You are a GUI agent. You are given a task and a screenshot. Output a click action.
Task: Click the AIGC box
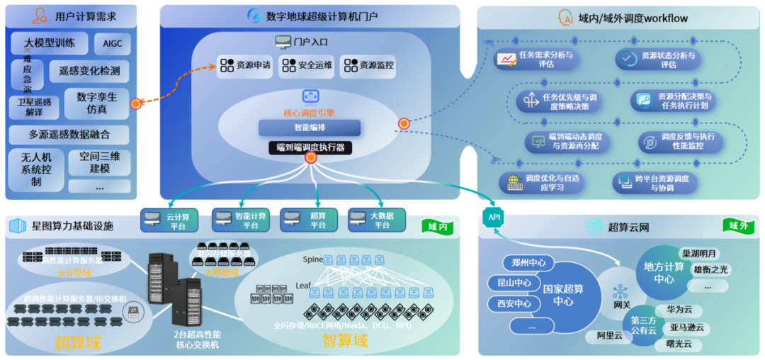point(112,43)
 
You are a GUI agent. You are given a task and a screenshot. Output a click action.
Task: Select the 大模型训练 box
point(50,43)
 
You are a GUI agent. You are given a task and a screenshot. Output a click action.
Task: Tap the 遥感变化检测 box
point(89,71)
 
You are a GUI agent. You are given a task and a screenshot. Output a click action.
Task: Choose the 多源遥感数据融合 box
point(69,135)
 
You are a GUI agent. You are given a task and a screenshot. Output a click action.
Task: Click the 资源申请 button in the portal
point(244,66)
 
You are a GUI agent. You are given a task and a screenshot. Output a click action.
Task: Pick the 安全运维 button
point(306,66)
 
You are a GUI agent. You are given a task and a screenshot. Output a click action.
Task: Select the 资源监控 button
point(368,66)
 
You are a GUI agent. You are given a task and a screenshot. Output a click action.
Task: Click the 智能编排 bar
point(310,128)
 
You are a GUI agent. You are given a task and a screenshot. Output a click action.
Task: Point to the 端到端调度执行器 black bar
point(310,148)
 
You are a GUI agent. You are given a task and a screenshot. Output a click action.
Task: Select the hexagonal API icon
point(492,216)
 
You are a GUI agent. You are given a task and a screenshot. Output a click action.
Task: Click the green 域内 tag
point(438,227)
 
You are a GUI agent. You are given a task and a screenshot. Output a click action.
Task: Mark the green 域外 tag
point(739,226)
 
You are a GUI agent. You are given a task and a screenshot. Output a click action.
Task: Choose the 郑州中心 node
point(528,262)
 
